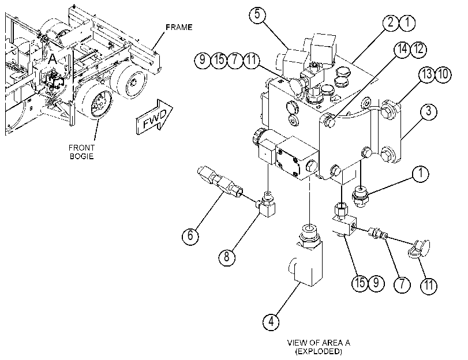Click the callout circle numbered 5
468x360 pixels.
coord(257,14)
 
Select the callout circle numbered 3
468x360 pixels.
coord(429,111)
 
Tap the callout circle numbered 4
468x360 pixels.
coord(271,322)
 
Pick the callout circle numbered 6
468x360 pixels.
coord(190,236)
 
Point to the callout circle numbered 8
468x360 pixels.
coord(227,256)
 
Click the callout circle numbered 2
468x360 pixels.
coord(391,22)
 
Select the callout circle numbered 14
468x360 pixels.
coord(403,49)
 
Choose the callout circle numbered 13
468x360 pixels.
coord(427,74)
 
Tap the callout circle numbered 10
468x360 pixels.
coord(444,74)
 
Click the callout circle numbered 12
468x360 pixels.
coord(419,49)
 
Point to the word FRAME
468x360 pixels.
coord(179,27)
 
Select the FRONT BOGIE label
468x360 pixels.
coord(81,152)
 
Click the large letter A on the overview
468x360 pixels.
coord(53,59)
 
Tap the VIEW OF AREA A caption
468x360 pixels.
coord(319,343)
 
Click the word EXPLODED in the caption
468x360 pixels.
coord(319,351)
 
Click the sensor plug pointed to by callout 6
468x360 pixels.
coord(220,182)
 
